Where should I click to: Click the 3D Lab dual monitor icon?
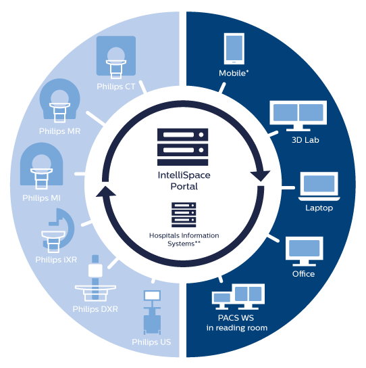tap(296, 116)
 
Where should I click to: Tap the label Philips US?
tap(151, 342)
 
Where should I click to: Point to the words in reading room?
tap(236, 328)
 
